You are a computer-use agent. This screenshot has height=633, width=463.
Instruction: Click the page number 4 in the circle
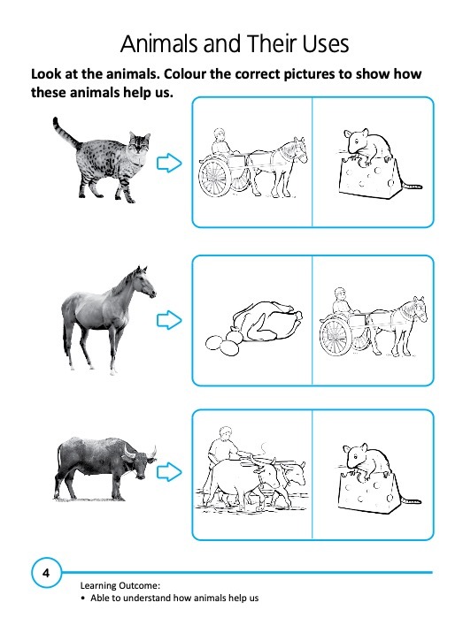pyautogui.click(x=46, y=573)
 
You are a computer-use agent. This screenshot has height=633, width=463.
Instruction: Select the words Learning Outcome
pyautogui.click(x=120, y=585)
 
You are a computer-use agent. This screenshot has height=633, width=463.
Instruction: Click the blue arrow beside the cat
pyautogui.click(x=169, y=163)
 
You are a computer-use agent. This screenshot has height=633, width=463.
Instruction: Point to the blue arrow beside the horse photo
pyautogui.click(x=169, y=321)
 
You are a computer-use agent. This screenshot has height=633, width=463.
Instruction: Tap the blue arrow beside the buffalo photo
pyautogui.click(x=169, y=472)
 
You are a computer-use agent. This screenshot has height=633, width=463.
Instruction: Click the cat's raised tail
pyautogui.click(x=65, y=133)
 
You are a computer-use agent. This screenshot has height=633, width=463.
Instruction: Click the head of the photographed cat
pyautogui.click(x=140, y=143)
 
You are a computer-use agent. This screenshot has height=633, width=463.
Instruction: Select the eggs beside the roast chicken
pyautogui.click(x=223, y=343)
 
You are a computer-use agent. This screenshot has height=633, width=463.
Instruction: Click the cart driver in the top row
pyautogui.click(x=221, y=144)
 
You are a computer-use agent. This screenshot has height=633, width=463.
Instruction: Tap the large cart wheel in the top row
pyautogui.click(x=213, y=178)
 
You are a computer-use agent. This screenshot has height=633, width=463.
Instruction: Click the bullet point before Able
pyautogui.click(x=83, y=599)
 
